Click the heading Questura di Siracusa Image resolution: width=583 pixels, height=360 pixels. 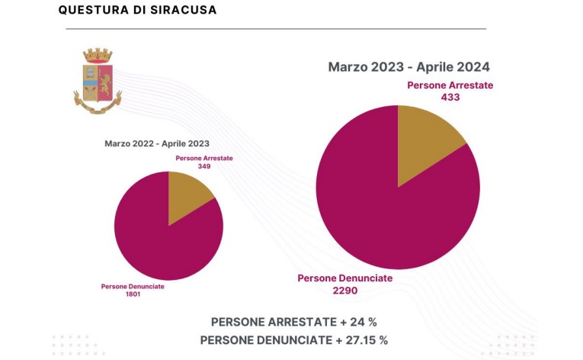tap(137, 10)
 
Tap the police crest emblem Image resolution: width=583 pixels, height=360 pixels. tap(97, 82)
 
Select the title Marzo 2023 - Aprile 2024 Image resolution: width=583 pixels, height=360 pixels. tap(408, 66)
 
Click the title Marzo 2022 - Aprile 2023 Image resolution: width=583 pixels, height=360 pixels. tap(156, 143)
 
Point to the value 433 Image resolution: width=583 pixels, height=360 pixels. tap(450, 97)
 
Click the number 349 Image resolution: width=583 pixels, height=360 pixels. tap(203, 166)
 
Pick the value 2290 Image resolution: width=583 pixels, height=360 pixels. tap(344, 290)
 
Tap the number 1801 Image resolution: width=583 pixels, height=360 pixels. tap(133, 294)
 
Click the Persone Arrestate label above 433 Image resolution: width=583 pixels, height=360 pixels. tap(450, 85)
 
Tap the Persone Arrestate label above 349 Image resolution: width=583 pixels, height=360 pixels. tap(203, 158)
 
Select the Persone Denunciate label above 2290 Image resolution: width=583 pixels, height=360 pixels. tap(344, 278)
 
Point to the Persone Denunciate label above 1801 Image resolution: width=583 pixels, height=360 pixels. tap(133, 286)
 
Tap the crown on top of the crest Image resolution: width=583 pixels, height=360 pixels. tap(97, 56)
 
